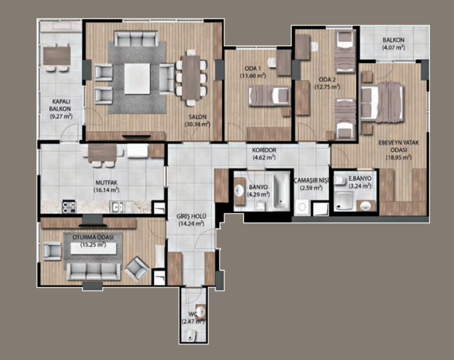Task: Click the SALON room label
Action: (197, 117)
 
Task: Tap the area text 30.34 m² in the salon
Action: (197, 124)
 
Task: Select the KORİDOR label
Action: (264, 150)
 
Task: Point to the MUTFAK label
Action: (106, 183)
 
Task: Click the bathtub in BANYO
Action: (281, 190)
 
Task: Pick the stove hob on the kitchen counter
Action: (69, 207)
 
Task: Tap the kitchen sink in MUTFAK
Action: (116, 207)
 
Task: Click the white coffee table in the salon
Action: (137, 79)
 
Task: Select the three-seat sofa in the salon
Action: (136, 39)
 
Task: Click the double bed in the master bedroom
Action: (382, 101)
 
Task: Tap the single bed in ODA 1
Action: (269, 95)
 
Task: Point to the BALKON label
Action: (394, 40)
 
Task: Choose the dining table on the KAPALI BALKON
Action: (57, 55)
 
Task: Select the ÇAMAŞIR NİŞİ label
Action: (311, 181)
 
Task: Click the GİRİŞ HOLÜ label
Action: (191, 216)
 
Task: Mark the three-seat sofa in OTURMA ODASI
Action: (94, 271)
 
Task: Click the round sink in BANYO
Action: (239, 191)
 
